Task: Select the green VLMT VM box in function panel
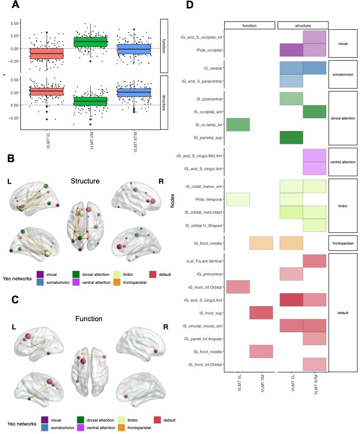(91, 41)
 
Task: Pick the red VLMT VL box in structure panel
(47, 92)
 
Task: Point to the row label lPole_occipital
(207, 50)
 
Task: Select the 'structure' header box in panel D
(303, 25)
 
